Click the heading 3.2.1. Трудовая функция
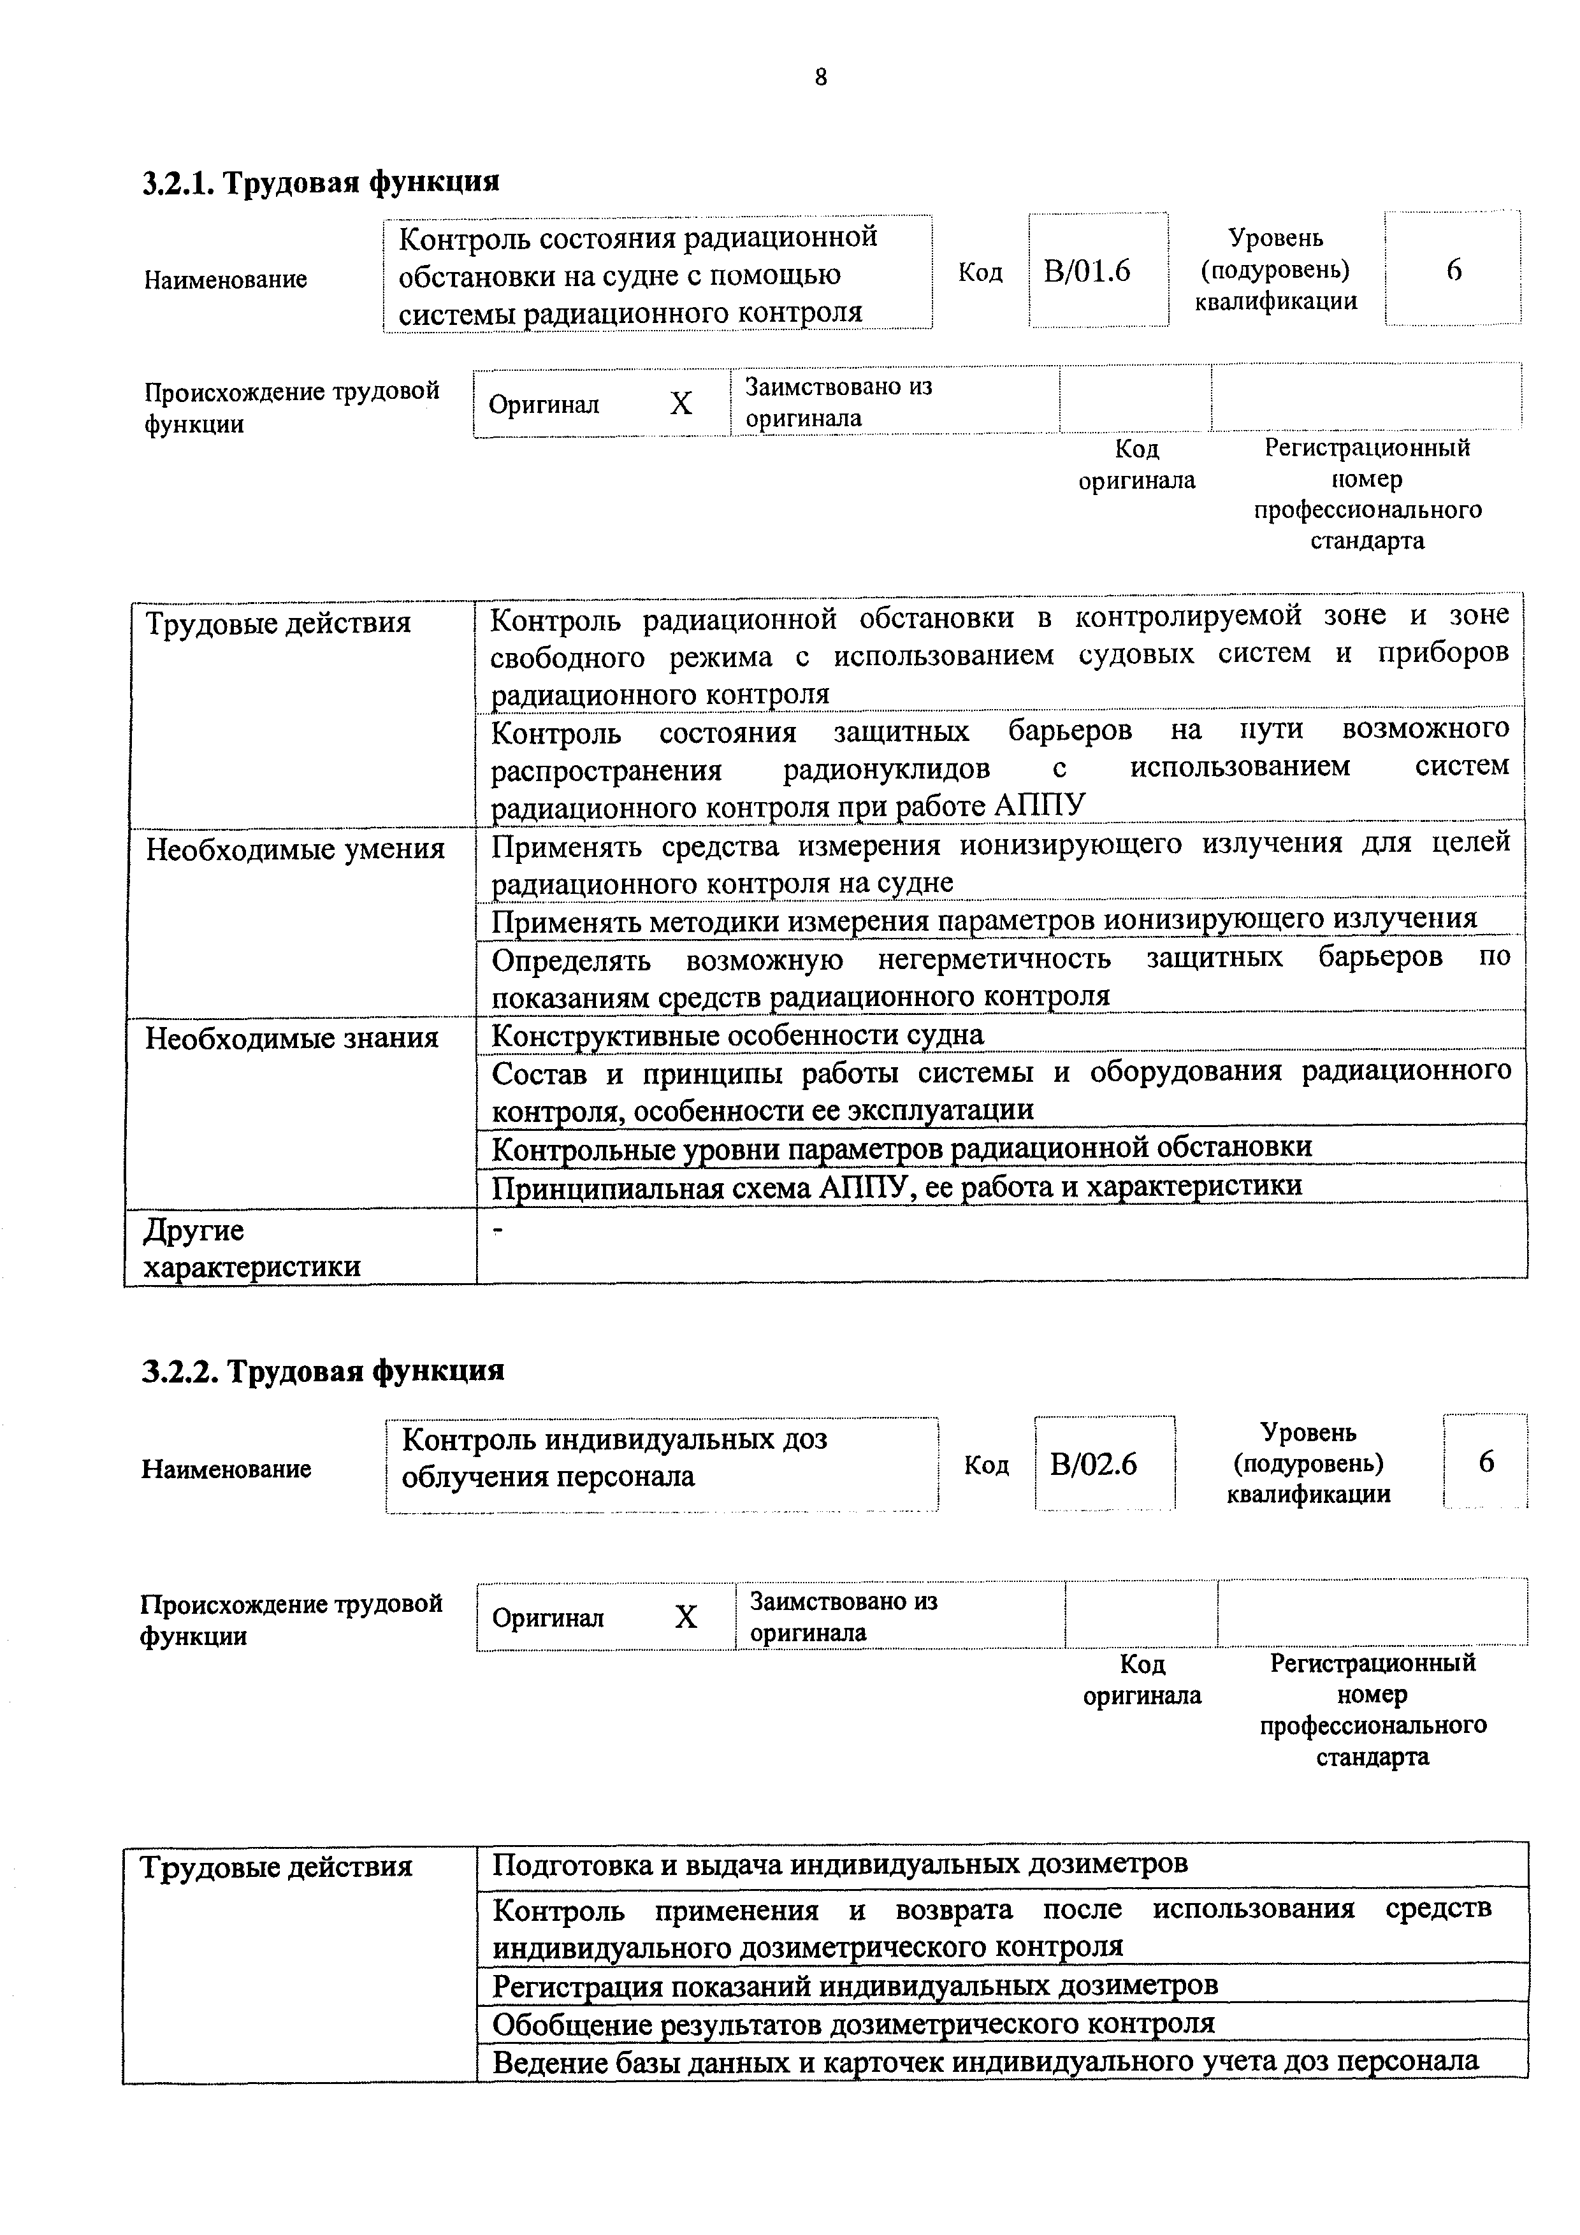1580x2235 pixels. coord(321,182)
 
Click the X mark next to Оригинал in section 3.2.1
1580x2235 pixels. coord(681,403)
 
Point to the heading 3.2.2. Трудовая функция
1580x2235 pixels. coord(323,1370)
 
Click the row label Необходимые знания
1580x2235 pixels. coord(292,1038)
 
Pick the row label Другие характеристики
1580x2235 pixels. coord(251,1248)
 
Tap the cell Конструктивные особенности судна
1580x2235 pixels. coord(737,1035)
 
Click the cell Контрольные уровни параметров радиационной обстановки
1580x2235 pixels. coord(901,1147)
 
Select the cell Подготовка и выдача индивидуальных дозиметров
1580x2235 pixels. coord(839,1864)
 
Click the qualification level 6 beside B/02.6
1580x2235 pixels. coord(1486,1462)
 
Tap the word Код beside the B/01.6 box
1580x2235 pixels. coord(980,271)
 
